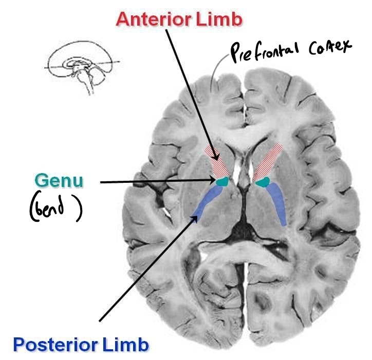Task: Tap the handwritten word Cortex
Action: [x=329, y=47]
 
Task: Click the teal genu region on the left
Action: [x=222, y=181]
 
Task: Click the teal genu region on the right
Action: [x=263, y=181]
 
